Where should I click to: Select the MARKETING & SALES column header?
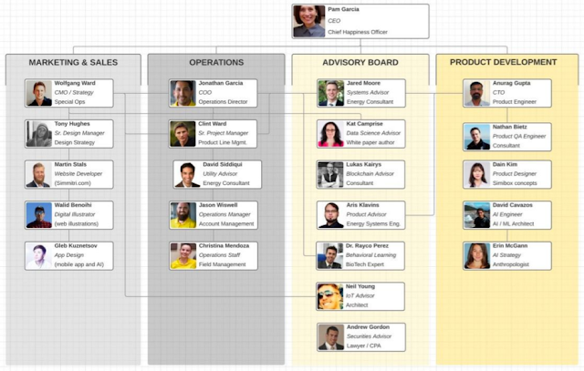[73, 63]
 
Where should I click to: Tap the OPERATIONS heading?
[216, 63]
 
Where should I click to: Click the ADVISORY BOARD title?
[360, 63]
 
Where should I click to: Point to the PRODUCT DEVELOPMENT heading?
[504, 63]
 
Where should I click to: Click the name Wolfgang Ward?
[75, 84]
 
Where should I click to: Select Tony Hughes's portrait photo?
[39, 134]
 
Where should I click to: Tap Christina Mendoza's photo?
[183, 256]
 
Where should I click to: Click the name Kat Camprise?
[364, 124]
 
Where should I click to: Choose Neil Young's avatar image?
[330, 296]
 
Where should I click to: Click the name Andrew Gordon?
[369, 327]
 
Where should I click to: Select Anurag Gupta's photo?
[476, 93]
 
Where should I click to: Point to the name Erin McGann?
[511, 246]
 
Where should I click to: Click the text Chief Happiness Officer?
[358, 32]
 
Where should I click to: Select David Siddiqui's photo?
[187, 174]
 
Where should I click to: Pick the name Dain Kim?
[505, 165]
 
